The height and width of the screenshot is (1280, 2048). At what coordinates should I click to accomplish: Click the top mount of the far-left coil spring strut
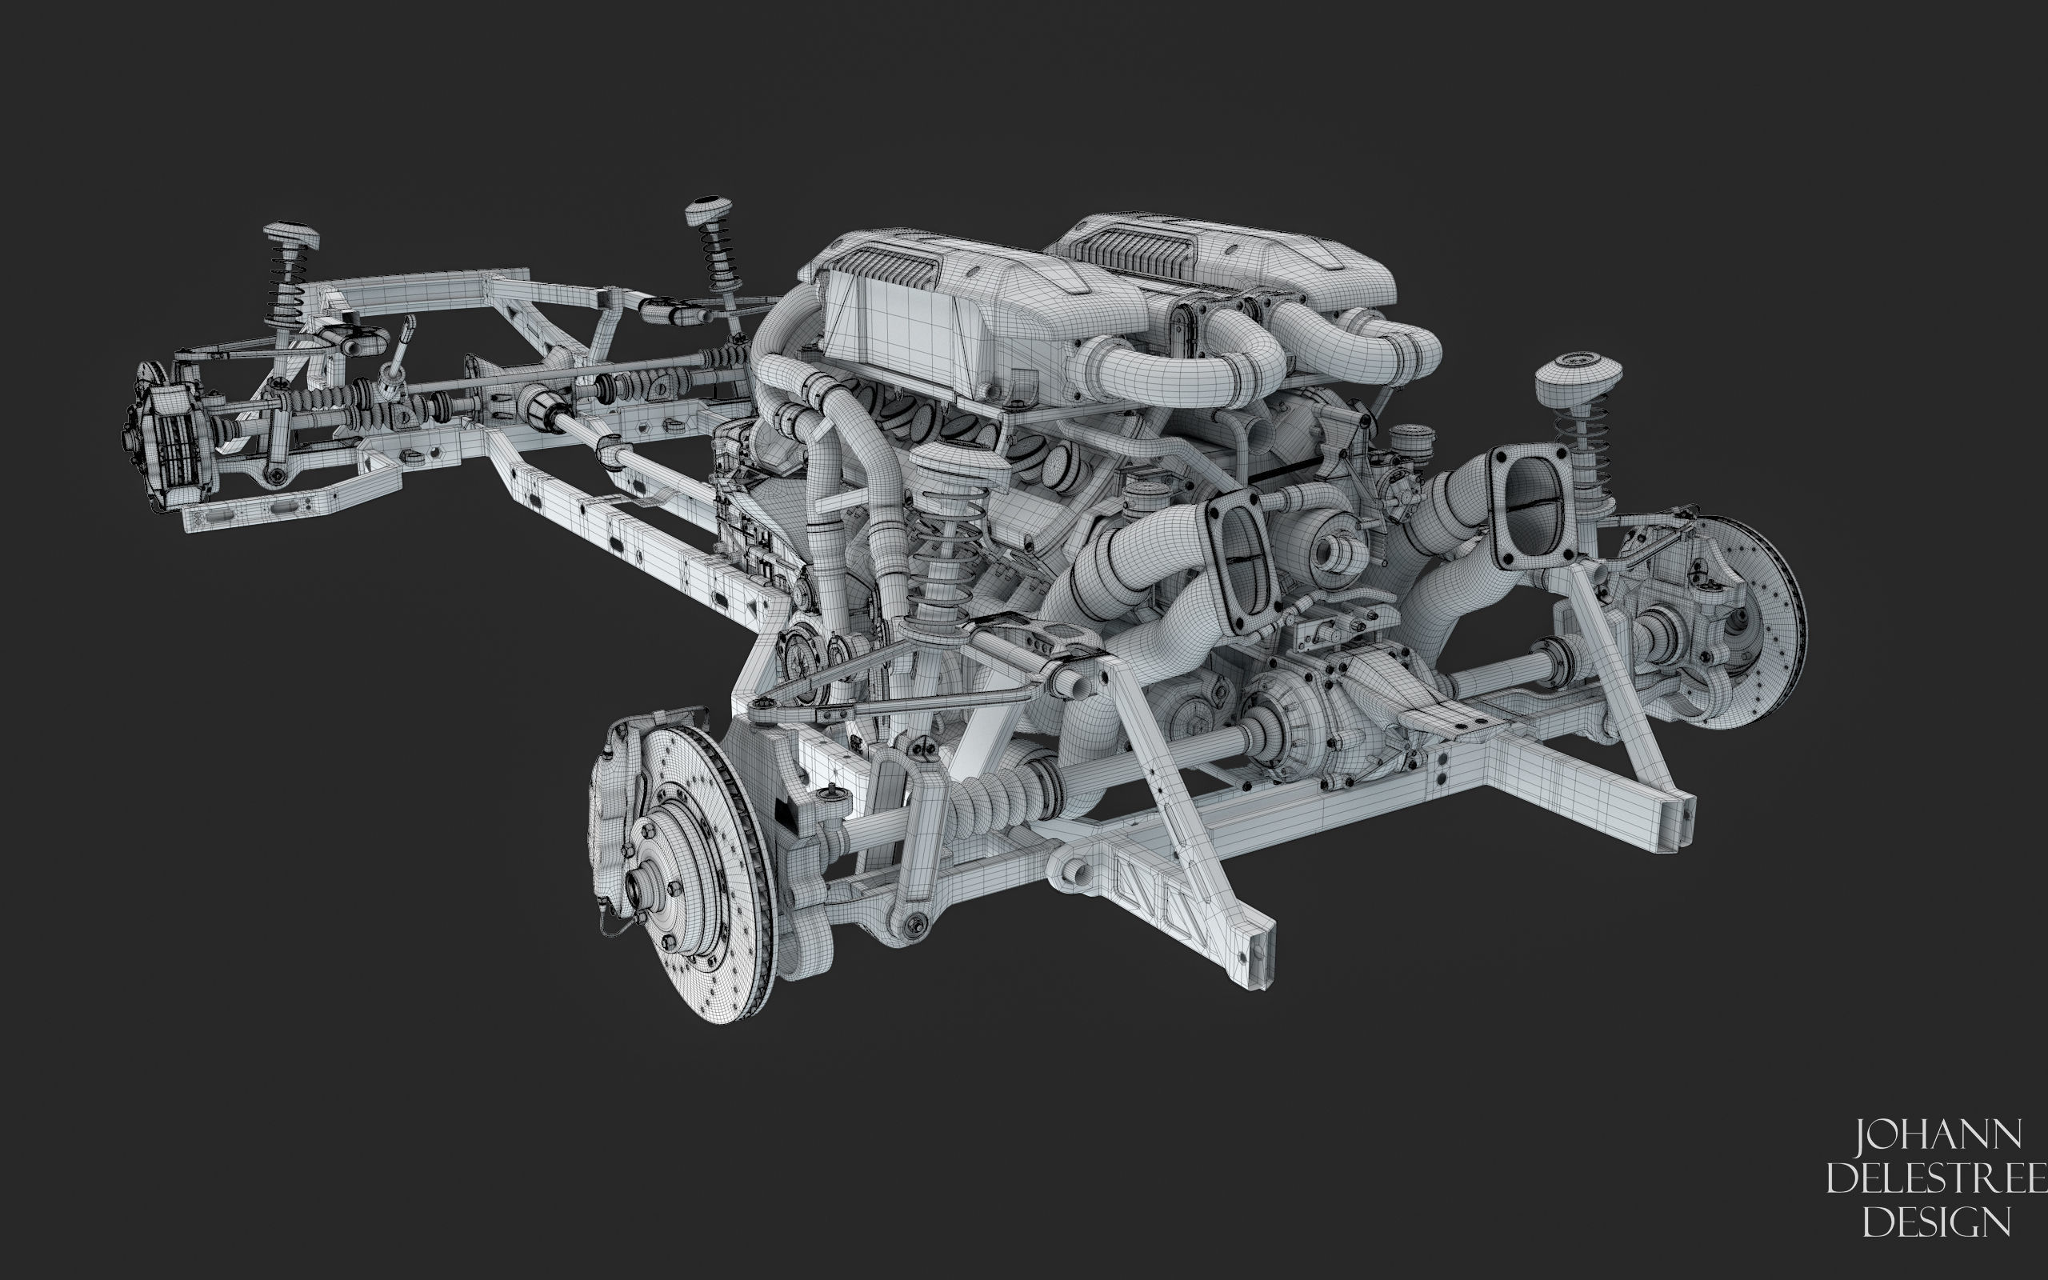pos(291,236)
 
